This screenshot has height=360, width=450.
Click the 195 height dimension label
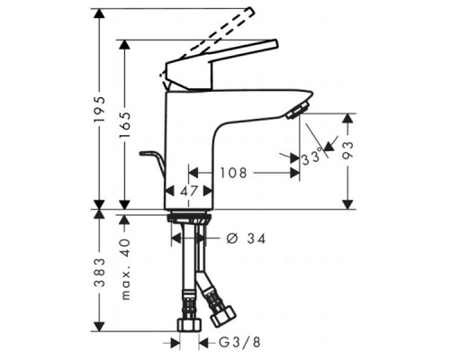(x=102, y=109)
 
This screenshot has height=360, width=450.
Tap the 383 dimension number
(x=102, y=269)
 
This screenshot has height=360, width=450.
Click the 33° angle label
(x=311, y=157)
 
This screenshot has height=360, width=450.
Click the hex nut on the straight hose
(x=190, y=323)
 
